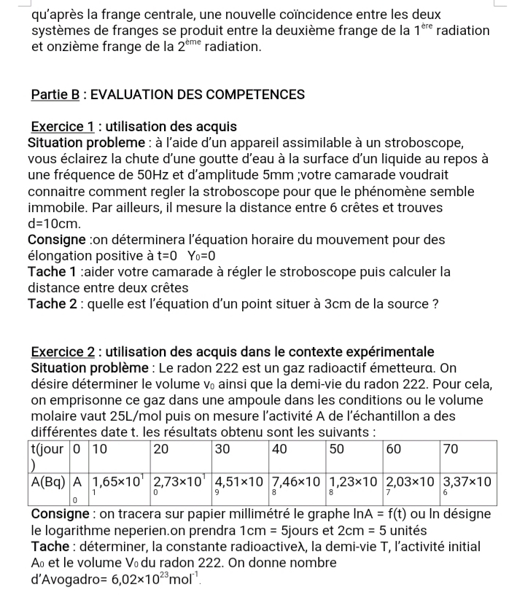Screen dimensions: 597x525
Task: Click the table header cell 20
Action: (161, 448)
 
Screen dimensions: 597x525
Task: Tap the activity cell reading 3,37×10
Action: (467, 482)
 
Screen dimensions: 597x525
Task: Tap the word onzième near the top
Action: (78, 47)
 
